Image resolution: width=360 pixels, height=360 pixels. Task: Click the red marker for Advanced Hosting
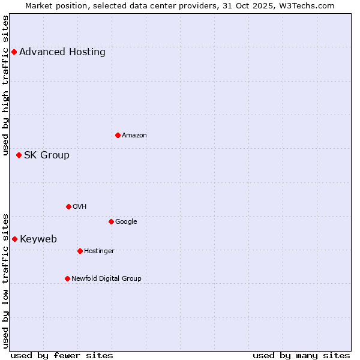click(14, 52)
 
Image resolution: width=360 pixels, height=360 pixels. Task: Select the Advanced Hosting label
click(62, 52)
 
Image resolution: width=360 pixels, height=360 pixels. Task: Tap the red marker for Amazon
click(118, 135)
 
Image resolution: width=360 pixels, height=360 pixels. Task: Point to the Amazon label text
click(134, 135)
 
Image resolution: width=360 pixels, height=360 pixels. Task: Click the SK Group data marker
click(19, 155)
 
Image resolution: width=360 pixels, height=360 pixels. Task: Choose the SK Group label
click(47, 155)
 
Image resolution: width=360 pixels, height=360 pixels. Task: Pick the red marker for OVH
click(68, 206)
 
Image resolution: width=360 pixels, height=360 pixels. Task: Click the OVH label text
click(80, 206)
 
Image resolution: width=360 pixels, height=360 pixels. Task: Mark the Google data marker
click(111, 221)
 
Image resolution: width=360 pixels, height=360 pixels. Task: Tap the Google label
click(126, 221)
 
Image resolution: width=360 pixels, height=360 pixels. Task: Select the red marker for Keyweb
click(14, 239)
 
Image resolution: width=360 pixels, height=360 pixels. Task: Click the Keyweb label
click(38, 239)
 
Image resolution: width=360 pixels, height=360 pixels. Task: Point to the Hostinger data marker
click(80, 251)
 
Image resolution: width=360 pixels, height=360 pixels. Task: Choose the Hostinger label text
click(99, 251)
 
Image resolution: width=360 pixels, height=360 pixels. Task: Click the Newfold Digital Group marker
click(67, 278)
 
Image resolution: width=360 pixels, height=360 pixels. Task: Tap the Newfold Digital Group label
click(106, 278)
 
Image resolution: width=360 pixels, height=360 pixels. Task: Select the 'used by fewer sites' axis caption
click(62, 355)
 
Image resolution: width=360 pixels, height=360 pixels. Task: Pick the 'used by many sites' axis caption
click(301, 355)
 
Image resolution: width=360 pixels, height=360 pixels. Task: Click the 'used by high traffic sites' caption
click(5, 85)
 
